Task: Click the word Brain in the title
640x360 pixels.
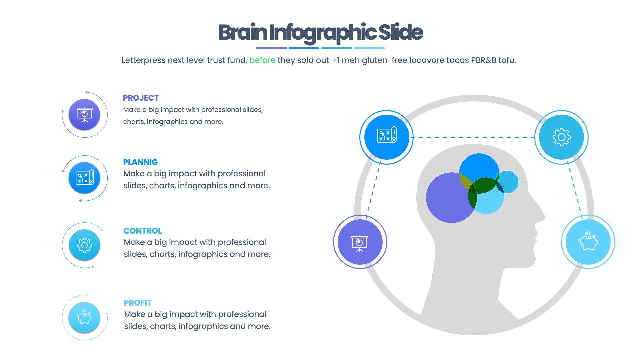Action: tap(243, 33)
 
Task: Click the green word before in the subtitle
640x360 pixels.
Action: tap(262, 60)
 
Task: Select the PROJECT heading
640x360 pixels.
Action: tap(141, 98)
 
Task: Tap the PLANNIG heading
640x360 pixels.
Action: tap(140, 162)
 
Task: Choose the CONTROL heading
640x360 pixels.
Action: tap(142, 231)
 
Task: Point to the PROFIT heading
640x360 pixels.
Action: tap(137, 303)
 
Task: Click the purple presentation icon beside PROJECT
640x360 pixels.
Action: tap(84, 114)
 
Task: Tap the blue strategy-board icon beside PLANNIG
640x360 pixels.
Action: tap(84, 178)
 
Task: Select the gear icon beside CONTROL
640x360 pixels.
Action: tap(84, 245)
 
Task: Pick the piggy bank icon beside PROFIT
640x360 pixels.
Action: tap(84, 317)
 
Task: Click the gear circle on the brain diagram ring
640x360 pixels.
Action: tap(561, 137)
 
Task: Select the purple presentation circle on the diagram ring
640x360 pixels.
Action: tap(360, 242)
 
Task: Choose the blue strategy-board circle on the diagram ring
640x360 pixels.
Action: tap(387, 137)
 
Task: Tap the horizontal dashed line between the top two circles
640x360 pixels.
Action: tap(473, 137)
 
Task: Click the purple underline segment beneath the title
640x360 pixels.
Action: tap(271, 48)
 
